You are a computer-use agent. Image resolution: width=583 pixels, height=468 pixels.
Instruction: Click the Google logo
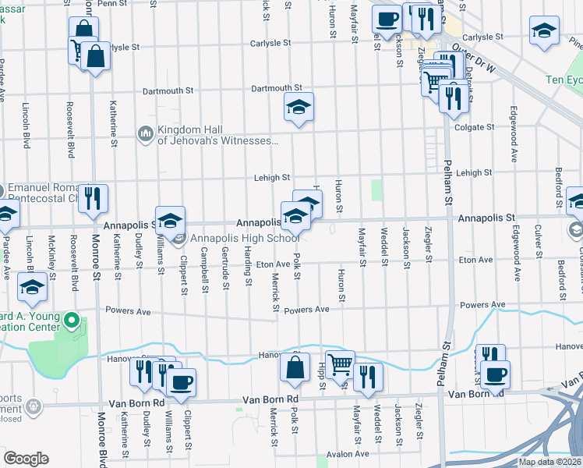pyautogui.click(x=25, y=459)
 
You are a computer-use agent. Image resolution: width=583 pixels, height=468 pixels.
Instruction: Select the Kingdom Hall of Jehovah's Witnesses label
pyautogui.click(x=217, y=135)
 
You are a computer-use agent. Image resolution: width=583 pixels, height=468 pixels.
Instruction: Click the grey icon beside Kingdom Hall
pyautogui.click(x=145, y=135)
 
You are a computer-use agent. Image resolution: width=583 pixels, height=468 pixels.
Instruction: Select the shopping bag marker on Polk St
pyautogui.click(x=294, y=369)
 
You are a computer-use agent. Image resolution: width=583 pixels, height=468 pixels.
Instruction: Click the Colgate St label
pyautogui.click(x=475, y=126)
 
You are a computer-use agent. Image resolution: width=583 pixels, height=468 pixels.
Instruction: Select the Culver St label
pyautogui.click(x=539, y=241)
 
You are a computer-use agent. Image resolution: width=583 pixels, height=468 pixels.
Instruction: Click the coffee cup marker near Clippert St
pyautogui.click(x=181, y=383)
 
